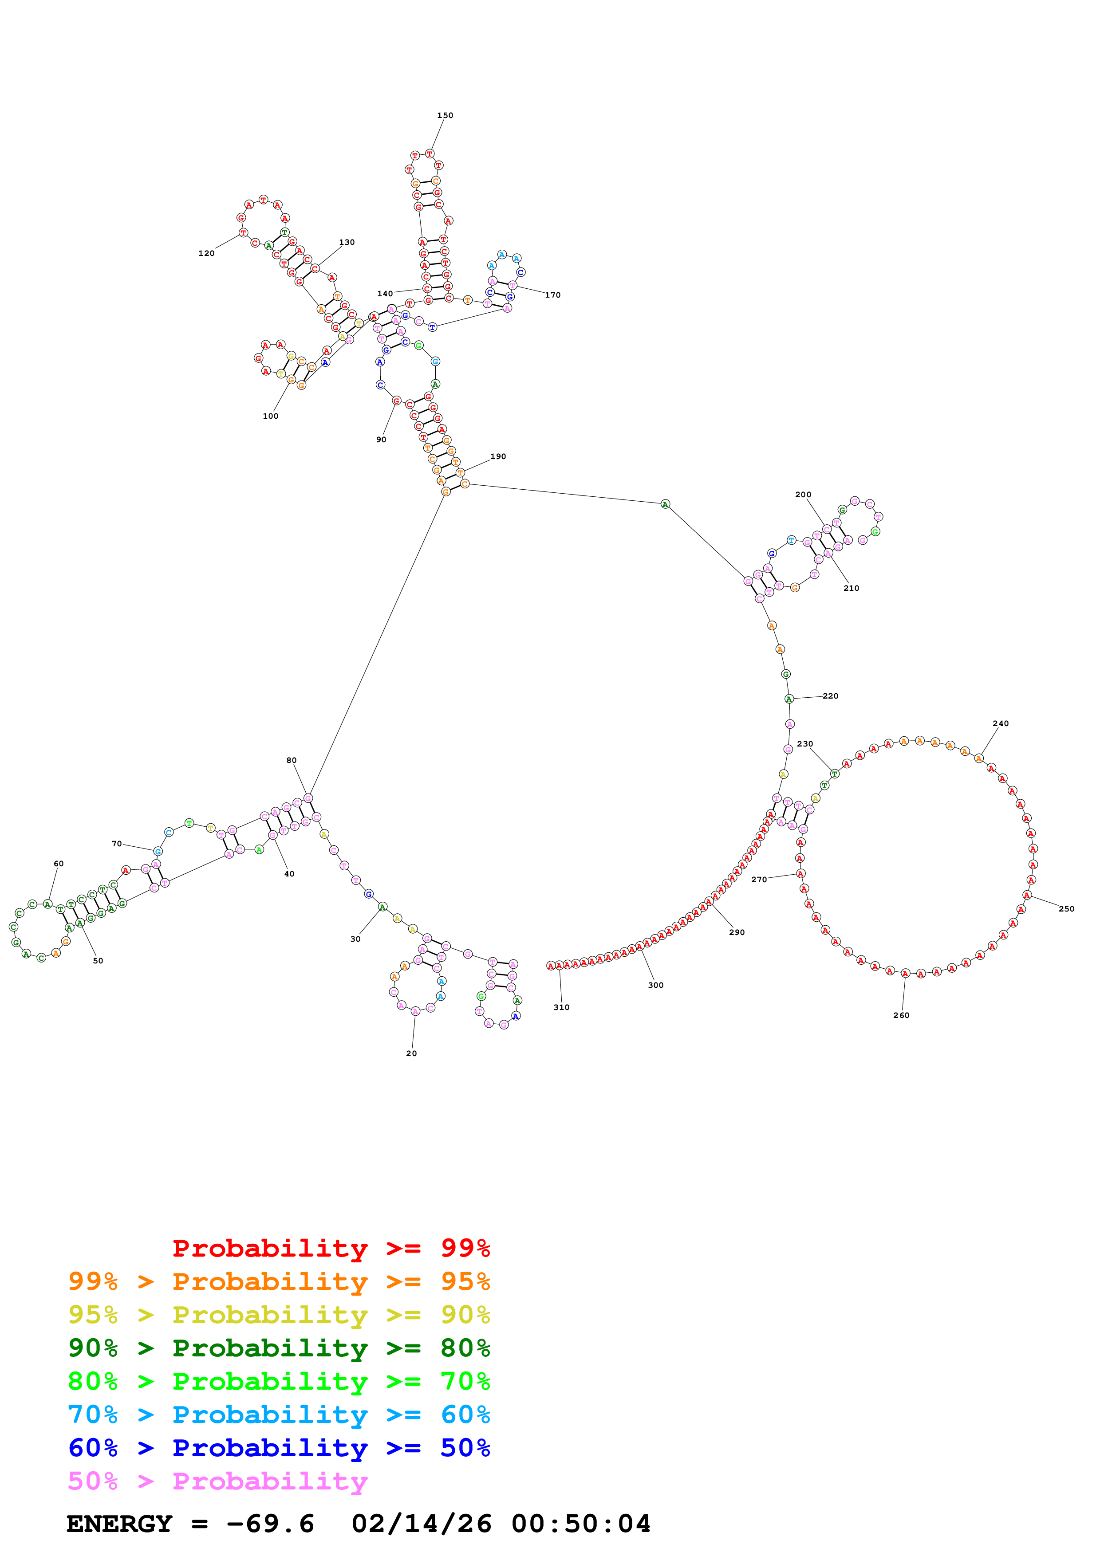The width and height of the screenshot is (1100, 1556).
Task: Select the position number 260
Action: click(901, 1015)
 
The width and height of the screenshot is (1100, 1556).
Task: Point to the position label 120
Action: click(206, 253)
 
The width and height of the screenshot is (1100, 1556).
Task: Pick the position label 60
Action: click(59, 864)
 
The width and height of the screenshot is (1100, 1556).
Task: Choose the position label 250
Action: click(1066, 909)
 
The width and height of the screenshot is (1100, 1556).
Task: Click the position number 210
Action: click(851, 588)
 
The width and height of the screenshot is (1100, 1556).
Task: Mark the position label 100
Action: click(270, 416)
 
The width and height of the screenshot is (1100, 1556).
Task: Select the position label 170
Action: click(552, 295)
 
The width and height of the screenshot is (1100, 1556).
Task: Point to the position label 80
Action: click(292, 760)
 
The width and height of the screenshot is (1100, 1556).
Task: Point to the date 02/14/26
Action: click(421, 1524)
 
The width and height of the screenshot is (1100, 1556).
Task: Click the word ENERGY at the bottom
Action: click(119, 1524)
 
